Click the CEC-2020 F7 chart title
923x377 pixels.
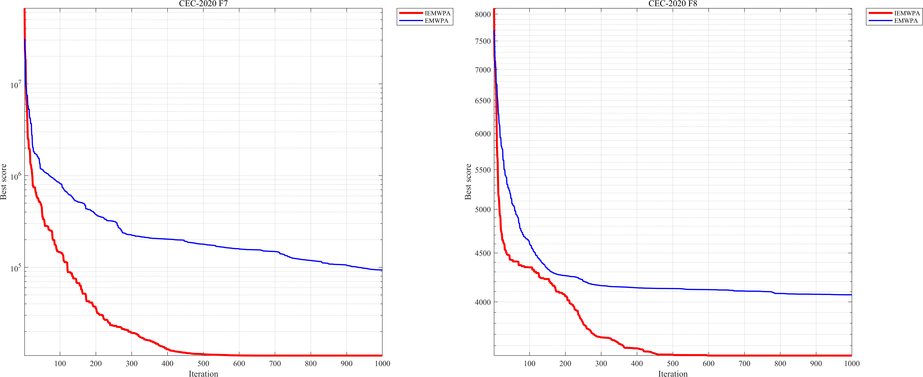click(x=203, y=4)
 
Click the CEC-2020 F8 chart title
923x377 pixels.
click(x=672, y=4)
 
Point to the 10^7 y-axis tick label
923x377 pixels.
click(x=15, y=85)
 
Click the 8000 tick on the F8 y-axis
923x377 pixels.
click(x=483, y=14)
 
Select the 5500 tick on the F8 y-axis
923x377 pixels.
click(x=483, y=170)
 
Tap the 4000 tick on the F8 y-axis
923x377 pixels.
click(x=483, y=302)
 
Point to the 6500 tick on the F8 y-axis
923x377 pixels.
click(x=483, y=101)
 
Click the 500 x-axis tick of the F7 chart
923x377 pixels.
click(x=203, y=363)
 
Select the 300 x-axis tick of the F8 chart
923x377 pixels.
click(x=601, y=363)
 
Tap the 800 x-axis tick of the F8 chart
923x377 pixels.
click(x=780, y=363)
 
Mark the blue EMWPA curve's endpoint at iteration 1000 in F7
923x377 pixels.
click(x=382, y=270)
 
